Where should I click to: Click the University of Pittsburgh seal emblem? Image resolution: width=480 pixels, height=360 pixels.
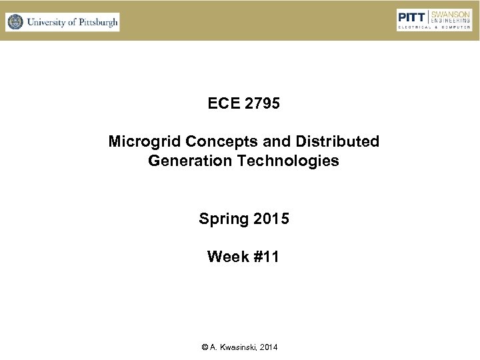tap(15, 22)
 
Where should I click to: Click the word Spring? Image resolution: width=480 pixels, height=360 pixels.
tap(221, 219)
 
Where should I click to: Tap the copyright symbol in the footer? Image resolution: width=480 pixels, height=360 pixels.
tap(203, 347)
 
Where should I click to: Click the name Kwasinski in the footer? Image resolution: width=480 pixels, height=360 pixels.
tap(239, 347)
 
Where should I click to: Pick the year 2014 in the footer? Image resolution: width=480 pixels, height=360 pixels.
tap(269, 347)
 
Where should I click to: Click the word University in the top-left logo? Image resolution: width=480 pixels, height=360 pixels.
tap(48, 22)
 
